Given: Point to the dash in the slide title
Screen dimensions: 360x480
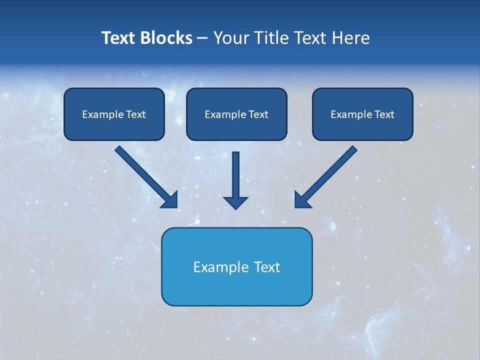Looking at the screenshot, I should [x=202, y=38].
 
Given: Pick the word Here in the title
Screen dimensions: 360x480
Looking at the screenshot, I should [x=352, y=38].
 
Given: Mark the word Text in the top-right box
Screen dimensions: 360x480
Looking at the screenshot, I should [x=384, y=114].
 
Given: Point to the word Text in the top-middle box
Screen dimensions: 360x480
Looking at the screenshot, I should [x=258, y=114].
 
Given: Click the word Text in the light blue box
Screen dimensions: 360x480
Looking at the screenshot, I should [x=267, y=267].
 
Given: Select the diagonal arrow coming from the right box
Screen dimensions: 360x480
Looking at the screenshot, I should [x=328, y=175].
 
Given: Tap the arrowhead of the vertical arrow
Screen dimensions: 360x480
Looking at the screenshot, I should [x=235, y=202].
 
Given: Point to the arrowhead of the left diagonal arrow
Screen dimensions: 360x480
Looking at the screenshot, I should [x=170, y=200].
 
